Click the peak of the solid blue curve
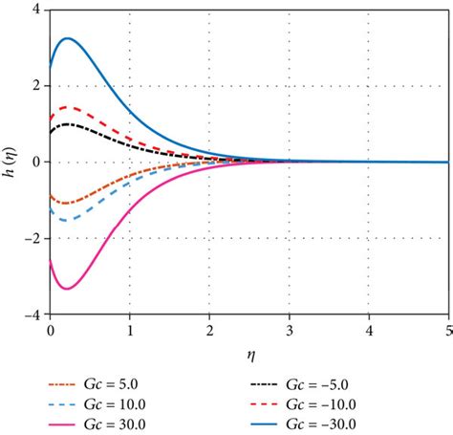67,38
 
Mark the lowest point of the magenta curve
67,288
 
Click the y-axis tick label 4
35,11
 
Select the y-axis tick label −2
32,238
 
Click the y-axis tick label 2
35,86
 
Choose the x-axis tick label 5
447,330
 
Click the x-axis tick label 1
130,330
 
